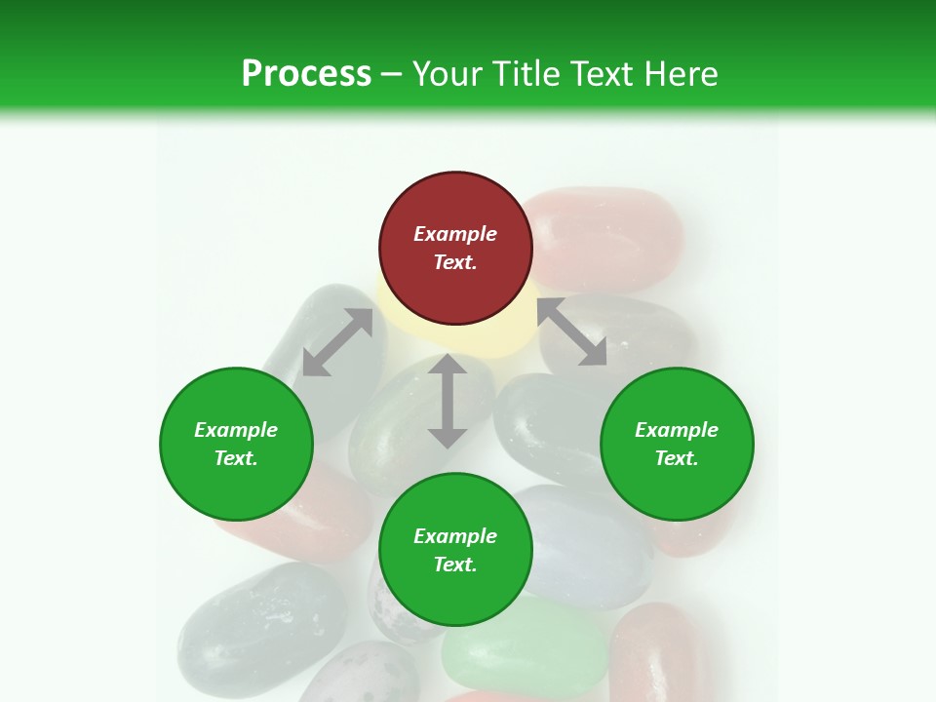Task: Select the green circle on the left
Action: (236, 445)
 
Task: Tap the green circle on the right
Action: (677, 445)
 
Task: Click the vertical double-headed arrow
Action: (448, 401)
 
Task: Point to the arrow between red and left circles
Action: (337, 342)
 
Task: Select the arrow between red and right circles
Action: (571, 331)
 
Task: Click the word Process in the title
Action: (306, 73)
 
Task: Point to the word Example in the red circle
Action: (455, 234)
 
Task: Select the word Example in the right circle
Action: (677, 430)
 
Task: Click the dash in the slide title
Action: (392, 73)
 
